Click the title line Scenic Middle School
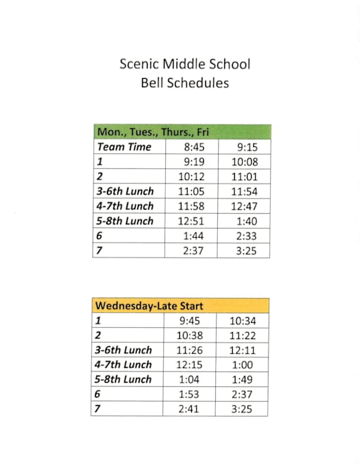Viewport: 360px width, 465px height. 185,64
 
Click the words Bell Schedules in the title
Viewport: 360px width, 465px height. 185,82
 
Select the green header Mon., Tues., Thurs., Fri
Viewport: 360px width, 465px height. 153,132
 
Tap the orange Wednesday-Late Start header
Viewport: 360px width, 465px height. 149,305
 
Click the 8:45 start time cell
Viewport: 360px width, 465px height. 193,147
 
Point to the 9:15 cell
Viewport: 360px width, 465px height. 244,147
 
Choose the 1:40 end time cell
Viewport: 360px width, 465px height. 245,221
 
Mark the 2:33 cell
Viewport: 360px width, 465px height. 245,236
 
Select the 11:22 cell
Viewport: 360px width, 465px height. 241,336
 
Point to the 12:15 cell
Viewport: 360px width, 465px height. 188,364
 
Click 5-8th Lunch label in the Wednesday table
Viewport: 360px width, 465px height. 123,379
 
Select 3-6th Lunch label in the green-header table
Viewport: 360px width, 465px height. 124,191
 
